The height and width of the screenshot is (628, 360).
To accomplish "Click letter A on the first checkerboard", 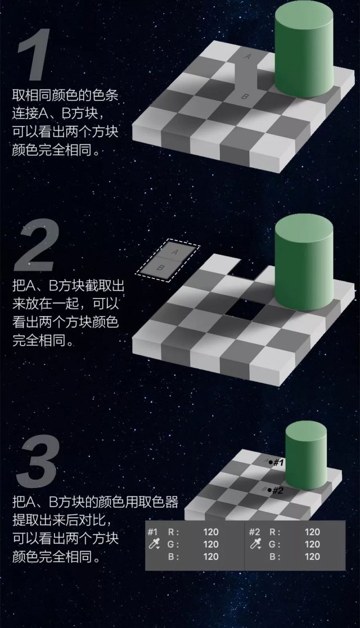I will click(x=248, y=56).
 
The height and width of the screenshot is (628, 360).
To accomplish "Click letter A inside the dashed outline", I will click(x=175, y=252).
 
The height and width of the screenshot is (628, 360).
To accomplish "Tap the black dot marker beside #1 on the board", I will click(x=270, y=462).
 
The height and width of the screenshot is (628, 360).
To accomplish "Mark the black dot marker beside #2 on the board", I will click(x=269, y=490).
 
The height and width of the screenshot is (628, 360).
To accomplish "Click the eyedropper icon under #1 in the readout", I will click(x=152, y=544).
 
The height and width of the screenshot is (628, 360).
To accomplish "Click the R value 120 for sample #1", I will click(x=211, y=532).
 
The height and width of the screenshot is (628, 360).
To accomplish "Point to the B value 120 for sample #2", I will click(x=312, y=557).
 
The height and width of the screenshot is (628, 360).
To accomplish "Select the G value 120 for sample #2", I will click(x=312, y=544).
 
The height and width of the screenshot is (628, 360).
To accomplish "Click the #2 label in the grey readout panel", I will click(x=254, y=532).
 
